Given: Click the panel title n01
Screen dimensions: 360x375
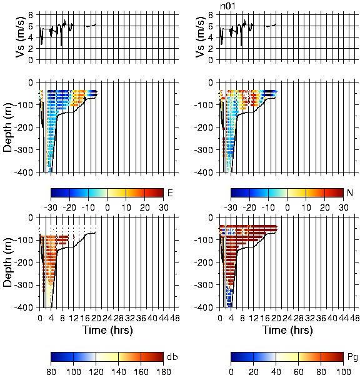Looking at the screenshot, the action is pyautogui.click(x=227, y=6).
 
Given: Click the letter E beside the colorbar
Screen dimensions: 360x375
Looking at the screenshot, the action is pyautogui.click(x=170, y=192).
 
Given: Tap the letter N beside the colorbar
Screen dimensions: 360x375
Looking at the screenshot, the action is pyautogui.click(x=350, y=192).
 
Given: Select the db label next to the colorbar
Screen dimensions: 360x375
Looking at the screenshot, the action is pyautogui.click(x=172, y=357).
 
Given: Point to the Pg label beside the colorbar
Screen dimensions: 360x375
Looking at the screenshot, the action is pyautogui.click(x=352, y=357).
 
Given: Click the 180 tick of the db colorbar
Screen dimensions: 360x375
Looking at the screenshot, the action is pyautogui.click(x=163, y=371).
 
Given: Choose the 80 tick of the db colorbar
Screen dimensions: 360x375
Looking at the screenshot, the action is pyautogui.click(x=51, y=371).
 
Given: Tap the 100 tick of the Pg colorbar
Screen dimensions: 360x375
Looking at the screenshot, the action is pyautogui.click(x=343, y=371).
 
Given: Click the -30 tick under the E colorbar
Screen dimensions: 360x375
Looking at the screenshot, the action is pyautogui.click(x=51, y=207).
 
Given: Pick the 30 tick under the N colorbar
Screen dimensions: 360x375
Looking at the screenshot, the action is pyautogui.click(x=343, y=207).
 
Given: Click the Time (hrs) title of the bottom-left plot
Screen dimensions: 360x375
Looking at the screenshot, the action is pyautogui.click(x=107, y=330).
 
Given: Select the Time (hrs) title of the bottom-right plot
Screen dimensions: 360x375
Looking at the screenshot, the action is pyautogui.click(x=287, y=330).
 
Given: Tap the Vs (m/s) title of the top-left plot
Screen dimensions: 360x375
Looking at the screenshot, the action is pyautogui.click(x=21, y=37).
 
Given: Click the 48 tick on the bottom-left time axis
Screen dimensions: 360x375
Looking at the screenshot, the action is pyautogui.click(x=175, y=318).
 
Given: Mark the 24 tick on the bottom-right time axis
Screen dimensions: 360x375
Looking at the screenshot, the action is pyautogui.click(x=287, y=318).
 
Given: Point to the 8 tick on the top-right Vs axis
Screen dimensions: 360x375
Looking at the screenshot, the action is pyautogui.click(x=211, y=15).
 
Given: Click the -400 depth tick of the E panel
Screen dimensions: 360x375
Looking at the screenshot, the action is pyautogui.click(x=24, y=172).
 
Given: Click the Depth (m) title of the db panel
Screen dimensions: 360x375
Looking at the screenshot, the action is pyautogui.click(x=7, y=262).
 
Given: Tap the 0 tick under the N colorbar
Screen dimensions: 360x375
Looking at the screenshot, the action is pyautogui.click(x=287, y=207).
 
